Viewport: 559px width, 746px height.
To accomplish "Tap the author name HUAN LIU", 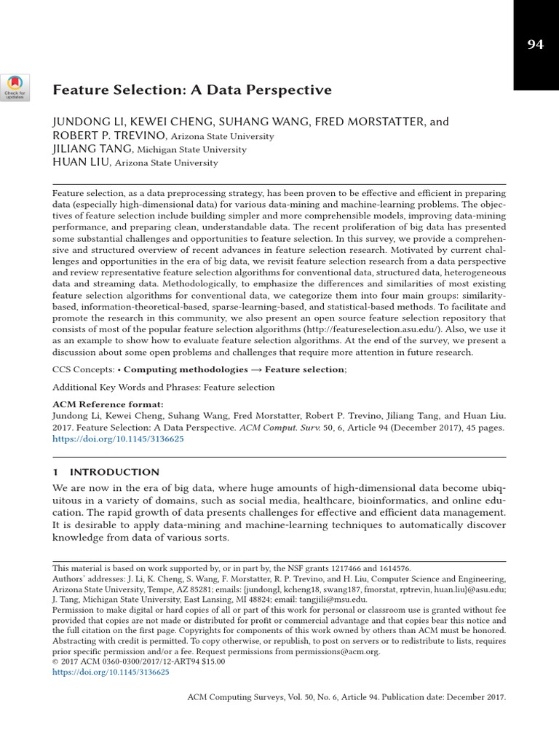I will tap(78, 162).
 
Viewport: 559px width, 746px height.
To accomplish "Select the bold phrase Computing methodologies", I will tap(187, 370).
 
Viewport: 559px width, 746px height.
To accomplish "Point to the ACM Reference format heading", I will tap(108, 404).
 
